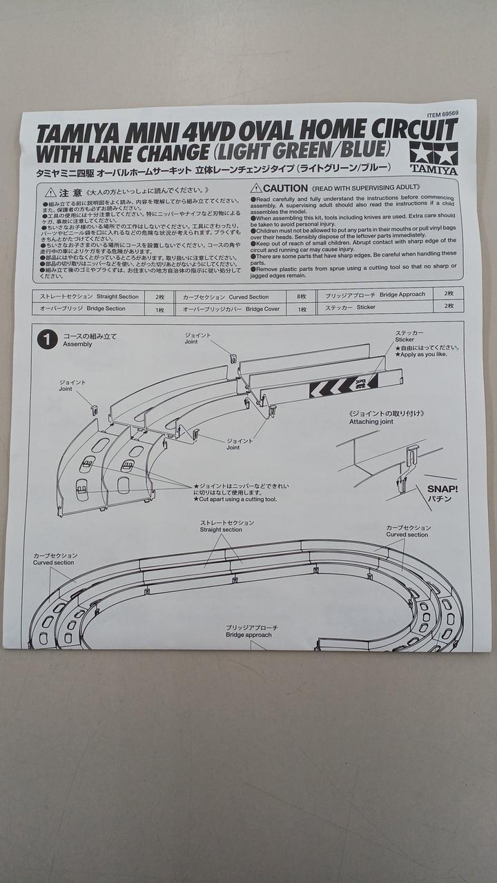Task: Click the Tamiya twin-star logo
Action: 433,152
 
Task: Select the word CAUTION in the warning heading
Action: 285,188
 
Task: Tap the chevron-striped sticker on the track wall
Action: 343,385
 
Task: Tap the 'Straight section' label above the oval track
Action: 222,526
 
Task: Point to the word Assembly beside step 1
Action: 77,344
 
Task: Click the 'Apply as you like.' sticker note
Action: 422,355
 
